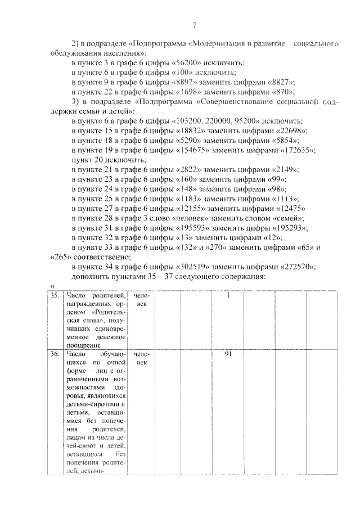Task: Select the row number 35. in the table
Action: [x=53, y=296]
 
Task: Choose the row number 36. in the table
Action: [x=53, y=354]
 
